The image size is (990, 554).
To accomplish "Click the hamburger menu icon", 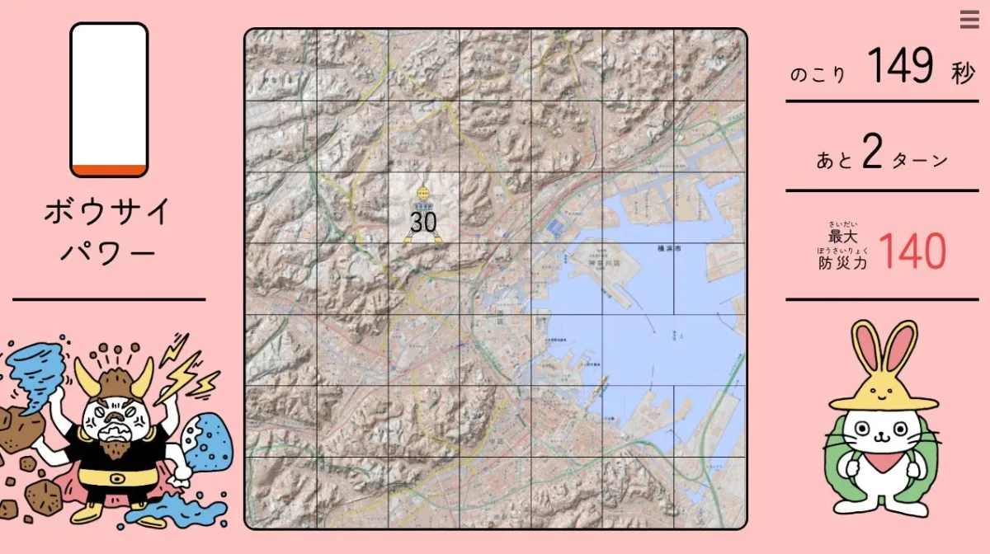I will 969,20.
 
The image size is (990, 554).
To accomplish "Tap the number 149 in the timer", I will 901,66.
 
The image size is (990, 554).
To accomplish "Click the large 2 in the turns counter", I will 872,153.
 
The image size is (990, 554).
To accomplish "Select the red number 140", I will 912,252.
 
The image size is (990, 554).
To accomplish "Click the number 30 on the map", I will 423,222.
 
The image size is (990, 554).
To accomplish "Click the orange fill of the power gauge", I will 109,171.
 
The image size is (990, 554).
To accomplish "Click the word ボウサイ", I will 108,213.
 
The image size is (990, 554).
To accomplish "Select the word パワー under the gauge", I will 108,252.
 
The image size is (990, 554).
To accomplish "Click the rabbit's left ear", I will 865,350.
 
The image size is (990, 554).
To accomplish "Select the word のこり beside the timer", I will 818,75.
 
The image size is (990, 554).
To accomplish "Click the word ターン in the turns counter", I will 917,160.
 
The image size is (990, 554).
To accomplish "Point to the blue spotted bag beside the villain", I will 207,444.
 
